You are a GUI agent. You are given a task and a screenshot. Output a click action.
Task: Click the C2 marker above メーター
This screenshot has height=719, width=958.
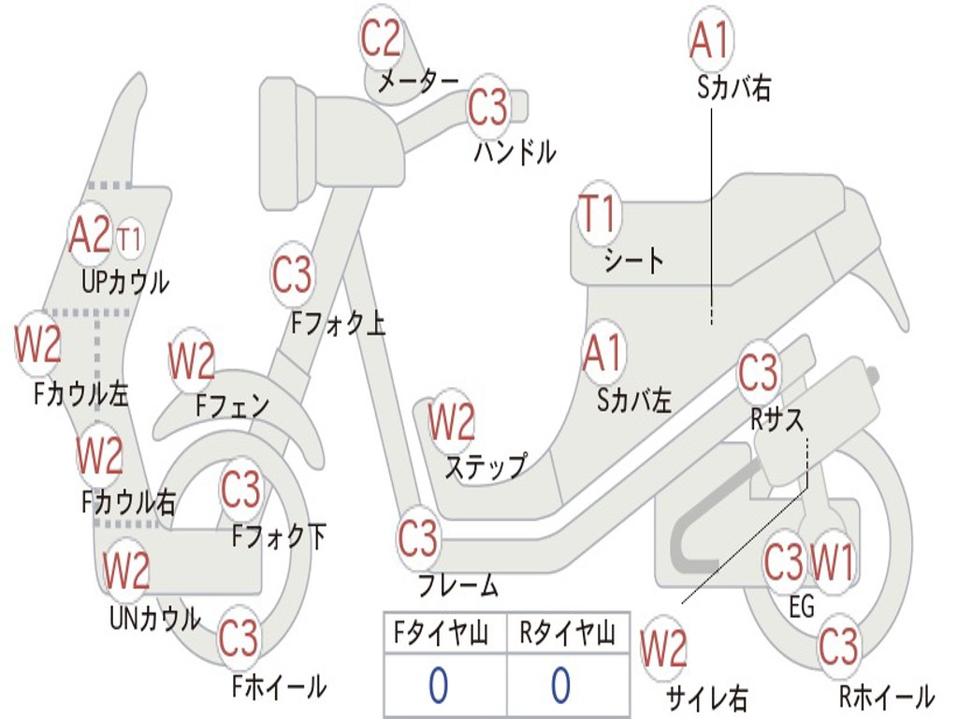(382, 38)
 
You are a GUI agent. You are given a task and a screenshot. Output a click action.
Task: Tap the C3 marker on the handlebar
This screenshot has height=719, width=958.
(487, 108)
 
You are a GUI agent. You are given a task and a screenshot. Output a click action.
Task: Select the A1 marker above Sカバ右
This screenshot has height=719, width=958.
(708, 39)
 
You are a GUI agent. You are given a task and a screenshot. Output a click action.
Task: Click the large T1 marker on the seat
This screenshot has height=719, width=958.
(598, 214)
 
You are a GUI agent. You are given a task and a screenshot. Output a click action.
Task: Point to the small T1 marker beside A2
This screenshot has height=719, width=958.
(130, 240)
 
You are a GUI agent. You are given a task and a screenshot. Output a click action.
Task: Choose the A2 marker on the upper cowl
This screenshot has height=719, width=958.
(90, 235)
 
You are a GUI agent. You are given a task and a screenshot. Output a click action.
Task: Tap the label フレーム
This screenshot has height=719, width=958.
(457, 587)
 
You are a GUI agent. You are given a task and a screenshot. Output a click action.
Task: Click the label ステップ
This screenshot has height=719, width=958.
(485, 466)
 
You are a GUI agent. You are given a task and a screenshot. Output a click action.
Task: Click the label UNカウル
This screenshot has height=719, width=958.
(154, 618)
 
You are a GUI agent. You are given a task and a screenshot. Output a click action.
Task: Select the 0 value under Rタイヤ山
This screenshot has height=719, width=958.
(560, 686)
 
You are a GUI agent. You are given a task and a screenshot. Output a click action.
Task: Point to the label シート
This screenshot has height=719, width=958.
(633, 260)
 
